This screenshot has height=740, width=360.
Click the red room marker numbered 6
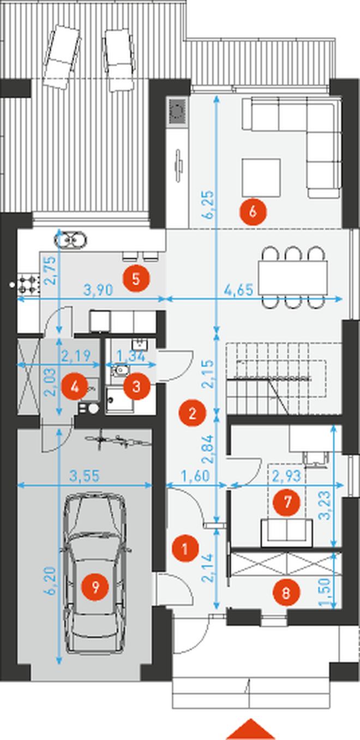pos(253,212)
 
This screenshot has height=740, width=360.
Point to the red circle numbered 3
pos(136,386)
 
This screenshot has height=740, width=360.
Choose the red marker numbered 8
pos(286,592)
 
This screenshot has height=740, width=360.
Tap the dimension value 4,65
pos(238,290)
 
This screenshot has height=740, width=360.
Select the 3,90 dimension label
pos(98,290)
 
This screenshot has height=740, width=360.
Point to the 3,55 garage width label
pos(85,476)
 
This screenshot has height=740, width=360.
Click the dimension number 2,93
pos(287,476)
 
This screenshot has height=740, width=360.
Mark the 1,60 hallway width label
pos(195,476)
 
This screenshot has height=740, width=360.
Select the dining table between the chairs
pos(293,277)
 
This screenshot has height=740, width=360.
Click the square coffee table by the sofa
pos(261,177)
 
